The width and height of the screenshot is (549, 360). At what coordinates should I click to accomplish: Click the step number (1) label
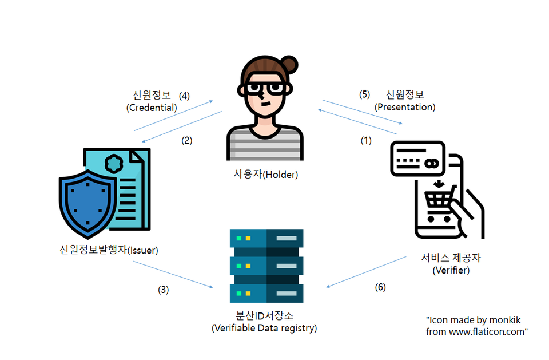[x=365, y=140]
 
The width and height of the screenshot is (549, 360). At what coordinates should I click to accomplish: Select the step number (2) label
[x=187, y=140]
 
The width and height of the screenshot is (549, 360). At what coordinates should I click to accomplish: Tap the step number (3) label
[x=164, y=290]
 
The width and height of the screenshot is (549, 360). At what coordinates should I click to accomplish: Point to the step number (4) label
[x=184, y=95]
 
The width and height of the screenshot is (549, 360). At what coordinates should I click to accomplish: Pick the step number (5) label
[x=365, y=94]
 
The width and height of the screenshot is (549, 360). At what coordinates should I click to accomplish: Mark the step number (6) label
[x=380, y=287]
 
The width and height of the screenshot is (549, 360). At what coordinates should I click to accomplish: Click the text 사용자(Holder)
[x=265, y=174]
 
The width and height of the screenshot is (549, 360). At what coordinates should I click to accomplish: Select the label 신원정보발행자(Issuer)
[x=109, y=250]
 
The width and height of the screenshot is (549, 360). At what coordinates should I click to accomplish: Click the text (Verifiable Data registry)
[x=264, y=328]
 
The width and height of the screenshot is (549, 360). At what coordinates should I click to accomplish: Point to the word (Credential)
[x=152, y=107]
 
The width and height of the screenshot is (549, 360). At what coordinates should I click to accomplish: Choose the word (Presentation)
[x=405, y=107]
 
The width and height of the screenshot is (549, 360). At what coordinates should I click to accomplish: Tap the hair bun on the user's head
[x=289, y=65]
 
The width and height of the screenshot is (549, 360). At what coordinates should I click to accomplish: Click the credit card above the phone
[x=417, y=159]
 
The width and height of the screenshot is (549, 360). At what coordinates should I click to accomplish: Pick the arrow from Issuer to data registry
[x=172, y=274]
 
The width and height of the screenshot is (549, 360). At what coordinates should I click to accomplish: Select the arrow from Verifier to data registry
[x=365, y=271]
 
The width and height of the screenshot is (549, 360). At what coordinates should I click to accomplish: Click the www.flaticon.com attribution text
[x=476, y=331]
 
